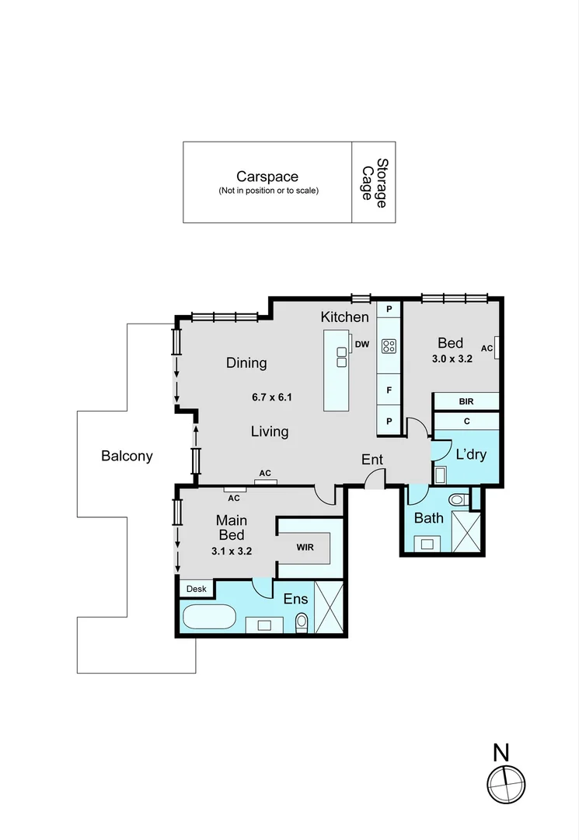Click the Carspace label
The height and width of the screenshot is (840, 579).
coord(267,177)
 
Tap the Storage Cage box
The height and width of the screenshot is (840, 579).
coord(374,183)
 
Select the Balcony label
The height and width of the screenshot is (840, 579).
coord(127,457)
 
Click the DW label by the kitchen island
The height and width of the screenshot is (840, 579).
coord(361,344)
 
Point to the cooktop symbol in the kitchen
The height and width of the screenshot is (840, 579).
coord(389,347)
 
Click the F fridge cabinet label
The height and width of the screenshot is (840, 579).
coord(389,390)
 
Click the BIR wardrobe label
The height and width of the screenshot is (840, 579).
coord(466,402)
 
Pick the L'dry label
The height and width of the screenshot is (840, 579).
coord(471,454)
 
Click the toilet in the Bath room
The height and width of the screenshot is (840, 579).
coord(458,499)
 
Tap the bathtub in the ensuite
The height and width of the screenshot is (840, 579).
coord(208,619)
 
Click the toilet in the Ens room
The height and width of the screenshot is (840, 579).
coord(302,621)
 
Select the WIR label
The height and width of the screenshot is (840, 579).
coord(305,547)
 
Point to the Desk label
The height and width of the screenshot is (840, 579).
coord(197,590)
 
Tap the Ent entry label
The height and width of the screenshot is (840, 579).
coord(372,460)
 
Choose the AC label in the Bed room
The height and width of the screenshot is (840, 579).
coord(487,348)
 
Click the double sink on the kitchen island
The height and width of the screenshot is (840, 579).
coord(342,356)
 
